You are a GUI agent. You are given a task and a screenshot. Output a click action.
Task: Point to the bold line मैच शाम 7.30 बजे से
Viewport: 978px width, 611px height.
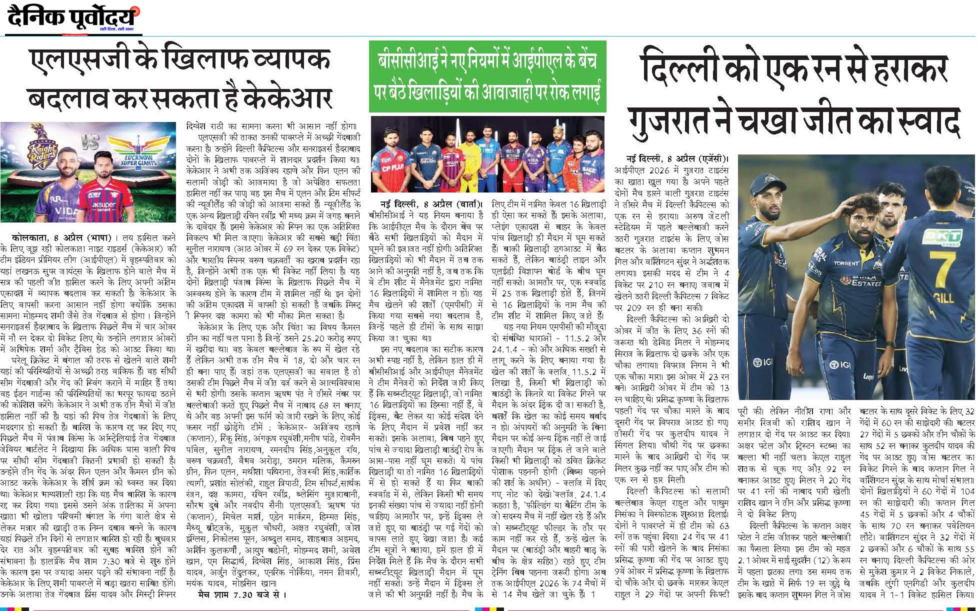coord(242,594)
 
